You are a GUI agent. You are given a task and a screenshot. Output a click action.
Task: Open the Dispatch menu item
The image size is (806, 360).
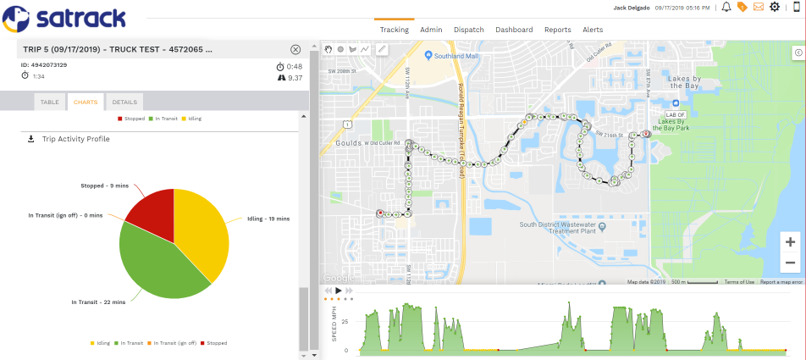click(x=468, y=30)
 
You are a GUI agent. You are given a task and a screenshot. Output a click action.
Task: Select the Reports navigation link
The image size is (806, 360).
click(x=557, y=30)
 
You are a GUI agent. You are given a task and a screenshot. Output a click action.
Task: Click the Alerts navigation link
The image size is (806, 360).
click(x=593, y=30)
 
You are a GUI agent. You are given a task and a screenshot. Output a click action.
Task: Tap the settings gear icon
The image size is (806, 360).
click(x=774, y=8)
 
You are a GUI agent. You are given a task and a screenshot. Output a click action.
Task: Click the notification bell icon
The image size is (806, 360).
click(x=726, y=8)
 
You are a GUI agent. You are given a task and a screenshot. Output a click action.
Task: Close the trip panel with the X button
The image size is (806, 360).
click(x=295, y=50)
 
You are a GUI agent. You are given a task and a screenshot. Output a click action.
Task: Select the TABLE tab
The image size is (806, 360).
click(x=50, y=102)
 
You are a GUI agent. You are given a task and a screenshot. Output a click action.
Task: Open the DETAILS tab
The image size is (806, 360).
click(x=124, y=102)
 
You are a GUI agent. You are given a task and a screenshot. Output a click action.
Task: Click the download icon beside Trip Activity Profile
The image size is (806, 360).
click(x=31, y=139)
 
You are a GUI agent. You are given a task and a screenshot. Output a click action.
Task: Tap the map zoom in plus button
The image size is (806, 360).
click(x=789, y=241)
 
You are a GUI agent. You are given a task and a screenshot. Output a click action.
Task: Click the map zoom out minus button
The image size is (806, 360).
click(x=789, y=263)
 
